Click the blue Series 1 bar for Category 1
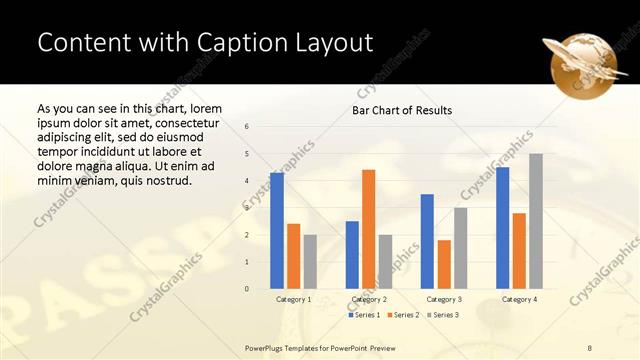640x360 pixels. click(277, 231)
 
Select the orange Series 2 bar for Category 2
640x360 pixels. click(368, 229)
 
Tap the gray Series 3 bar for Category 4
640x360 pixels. click(535, 221)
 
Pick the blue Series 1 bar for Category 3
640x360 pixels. click(427, 241)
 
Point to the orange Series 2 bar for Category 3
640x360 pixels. click(444, 264)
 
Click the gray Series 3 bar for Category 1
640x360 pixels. click(310, 262)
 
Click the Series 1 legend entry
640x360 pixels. click(364, 315)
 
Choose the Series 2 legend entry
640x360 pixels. click(402, 315)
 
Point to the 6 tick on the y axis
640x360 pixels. click(247, 126)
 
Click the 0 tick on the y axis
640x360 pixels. click(247, 289)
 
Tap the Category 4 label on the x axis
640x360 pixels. click(518, 299)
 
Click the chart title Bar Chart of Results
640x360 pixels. click(402, 110)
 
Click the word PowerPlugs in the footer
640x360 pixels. click(267, 346)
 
